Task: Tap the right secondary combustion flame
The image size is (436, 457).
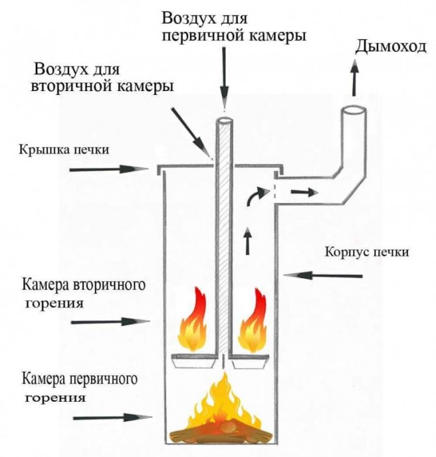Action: point(254,322)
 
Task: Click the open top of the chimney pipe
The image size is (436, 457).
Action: point(353,111)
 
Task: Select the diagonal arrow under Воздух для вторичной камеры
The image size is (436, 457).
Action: point(193,133)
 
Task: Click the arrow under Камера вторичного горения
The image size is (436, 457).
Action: point(110,321)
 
